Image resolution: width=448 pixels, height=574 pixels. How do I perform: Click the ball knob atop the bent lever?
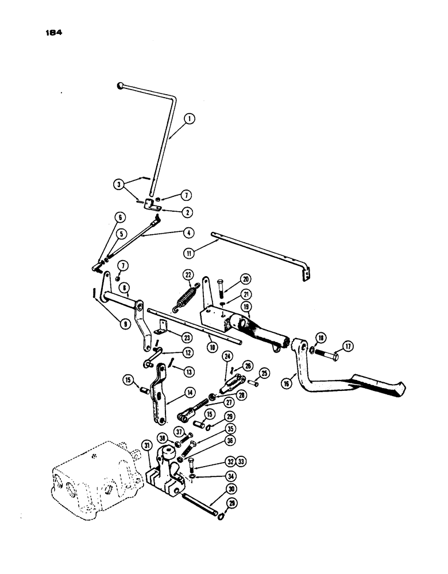click(120, 86)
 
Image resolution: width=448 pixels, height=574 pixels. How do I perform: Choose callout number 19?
click(246, 307)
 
